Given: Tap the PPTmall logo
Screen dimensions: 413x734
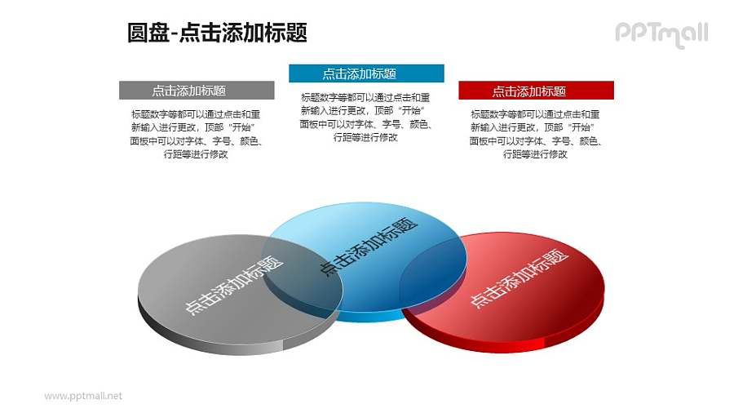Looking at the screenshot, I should coord(661,33).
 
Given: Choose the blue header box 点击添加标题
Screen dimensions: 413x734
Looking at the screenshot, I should coord(366,73).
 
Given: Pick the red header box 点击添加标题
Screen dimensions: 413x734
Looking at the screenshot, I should coord(536,91).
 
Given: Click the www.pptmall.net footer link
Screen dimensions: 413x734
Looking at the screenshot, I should coord(83,396).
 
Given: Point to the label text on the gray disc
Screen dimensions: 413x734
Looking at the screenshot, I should coord(234,286).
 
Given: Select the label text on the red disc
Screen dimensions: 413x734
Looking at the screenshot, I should coord(519,278).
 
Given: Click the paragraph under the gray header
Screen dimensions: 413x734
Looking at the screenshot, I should coord(196,134).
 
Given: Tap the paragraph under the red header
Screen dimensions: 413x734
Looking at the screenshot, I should coord(536,134).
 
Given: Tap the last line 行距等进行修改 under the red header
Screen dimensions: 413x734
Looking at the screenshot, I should coord(536,154).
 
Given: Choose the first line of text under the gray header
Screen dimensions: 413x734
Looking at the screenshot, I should coord(196,114).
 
